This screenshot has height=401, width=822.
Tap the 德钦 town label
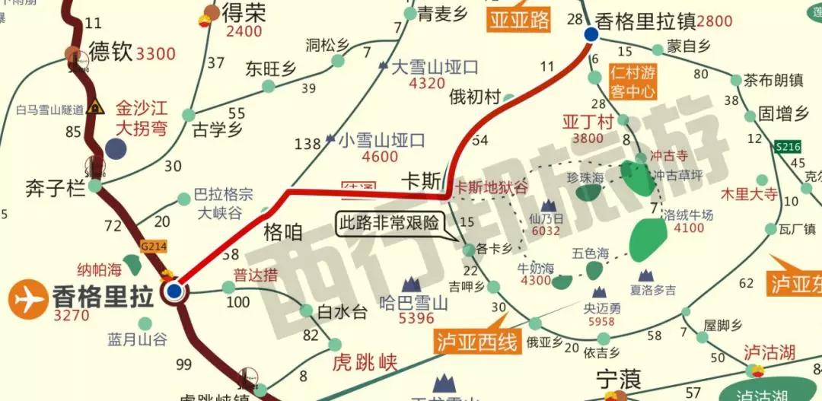tap(111, 52)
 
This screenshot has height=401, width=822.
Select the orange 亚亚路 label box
tap(519, 21)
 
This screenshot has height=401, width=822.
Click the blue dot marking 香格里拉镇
tap(591, 34)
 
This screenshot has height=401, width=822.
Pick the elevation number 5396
tap(416, 318)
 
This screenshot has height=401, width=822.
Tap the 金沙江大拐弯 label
tap(142, 118)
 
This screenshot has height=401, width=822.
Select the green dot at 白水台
tap(306, 310)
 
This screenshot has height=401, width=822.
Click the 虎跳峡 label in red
tap(365, 363)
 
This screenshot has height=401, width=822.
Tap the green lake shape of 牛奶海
tap(562, 282)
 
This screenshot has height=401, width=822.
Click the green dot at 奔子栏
tap(94, 186)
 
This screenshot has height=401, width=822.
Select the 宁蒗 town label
tap(618, 378)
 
